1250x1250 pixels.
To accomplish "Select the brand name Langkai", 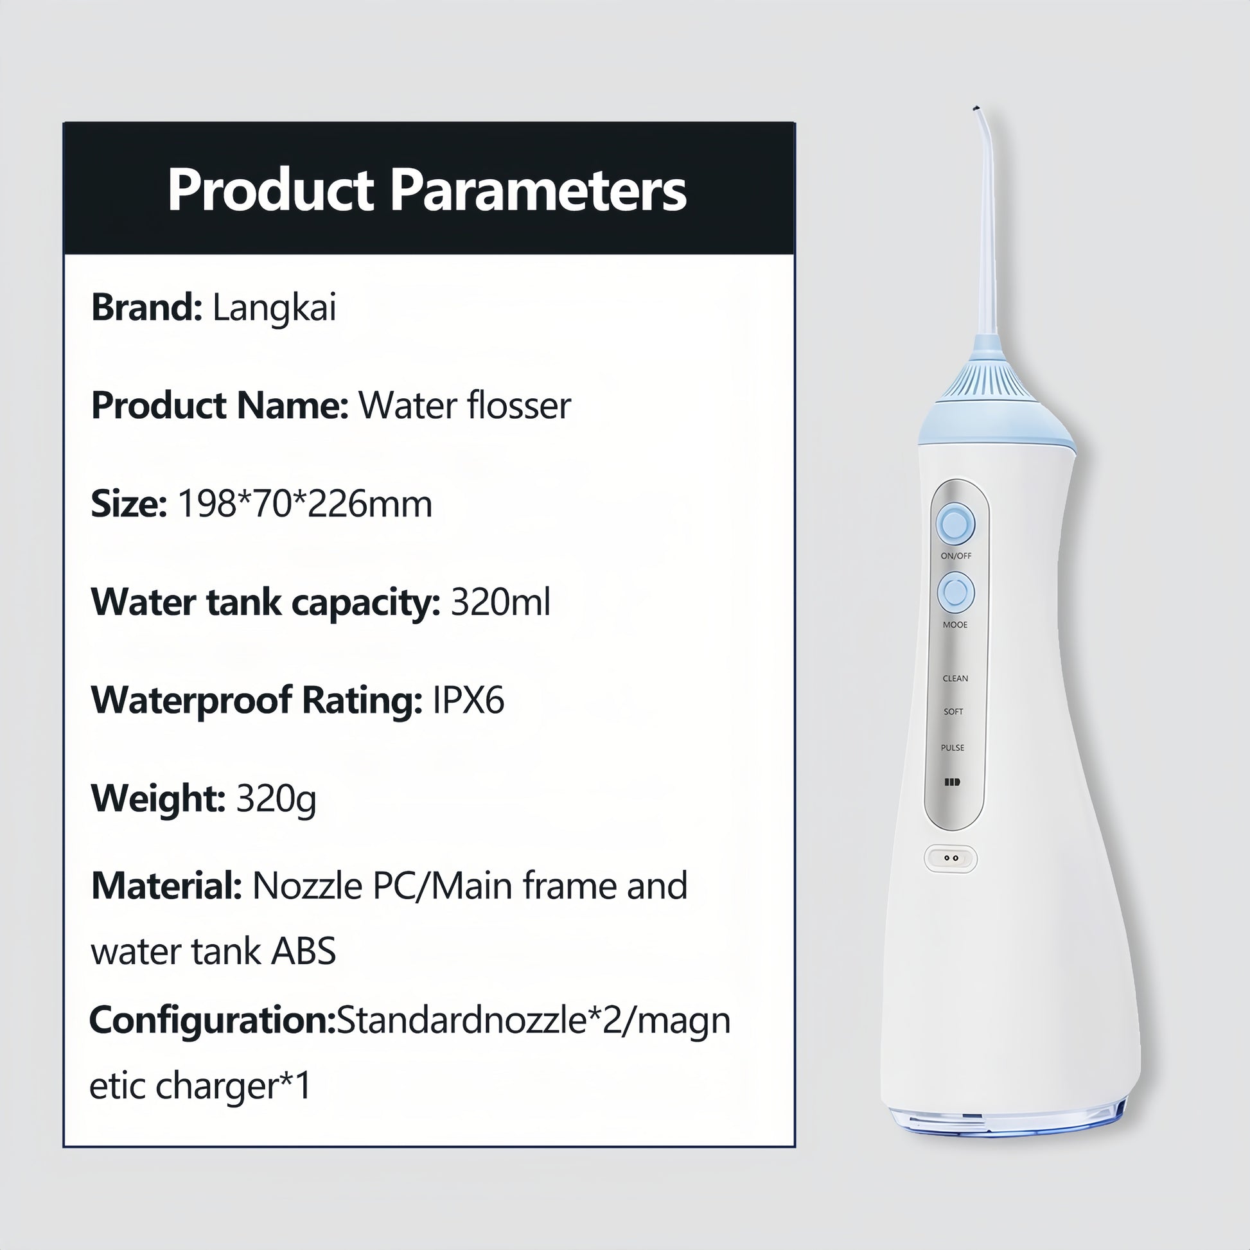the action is tap(274, 308).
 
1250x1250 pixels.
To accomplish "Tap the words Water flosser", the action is tap(464, 406).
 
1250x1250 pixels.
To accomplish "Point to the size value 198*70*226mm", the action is tap(304, 504).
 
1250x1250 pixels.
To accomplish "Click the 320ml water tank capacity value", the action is tap(500, 603).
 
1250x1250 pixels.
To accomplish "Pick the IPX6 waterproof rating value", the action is tap(468, 700).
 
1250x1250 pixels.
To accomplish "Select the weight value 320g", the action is tap(276, 799).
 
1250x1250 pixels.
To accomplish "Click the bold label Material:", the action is tap(166, 886).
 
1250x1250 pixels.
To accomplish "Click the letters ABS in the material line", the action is tap(303, 952).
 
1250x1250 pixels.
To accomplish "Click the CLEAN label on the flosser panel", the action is tap(955, 679).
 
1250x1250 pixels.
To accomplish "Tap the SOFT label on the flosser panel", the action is tap(954, 712).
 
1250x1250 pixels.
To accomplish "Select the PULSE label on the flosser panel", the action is tap(953, 748).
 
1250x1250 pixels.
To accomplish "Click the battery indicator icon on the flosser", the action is tap(952, 782).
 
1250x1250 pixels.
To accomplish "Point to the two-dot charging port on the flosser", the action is tap(951, 859).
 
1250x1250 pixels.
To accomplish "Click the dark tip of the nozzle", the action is tap(975, 109).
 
